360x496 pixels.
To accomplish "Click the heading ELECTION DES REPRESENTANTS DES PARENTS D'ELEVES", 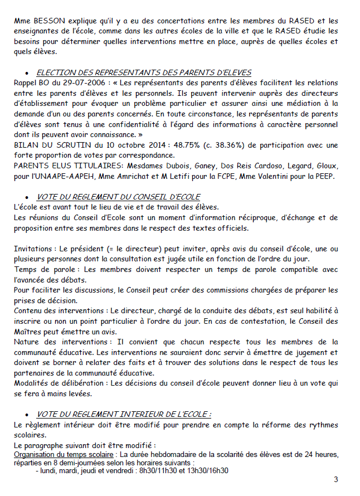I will click(x=144, y=73).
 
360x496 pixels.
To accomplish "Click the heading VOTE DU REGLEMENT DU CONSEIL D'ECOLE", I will click(x=118, y=197).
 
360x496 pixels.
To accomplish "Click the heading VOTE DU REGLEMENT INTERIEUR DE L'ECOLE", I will click(x=124, y=414).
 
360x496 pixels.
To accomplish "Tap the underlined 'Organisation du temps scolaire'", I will click(x=58, y=455).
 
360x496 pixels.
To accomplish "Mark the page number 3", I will click(x=335, y=479).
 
